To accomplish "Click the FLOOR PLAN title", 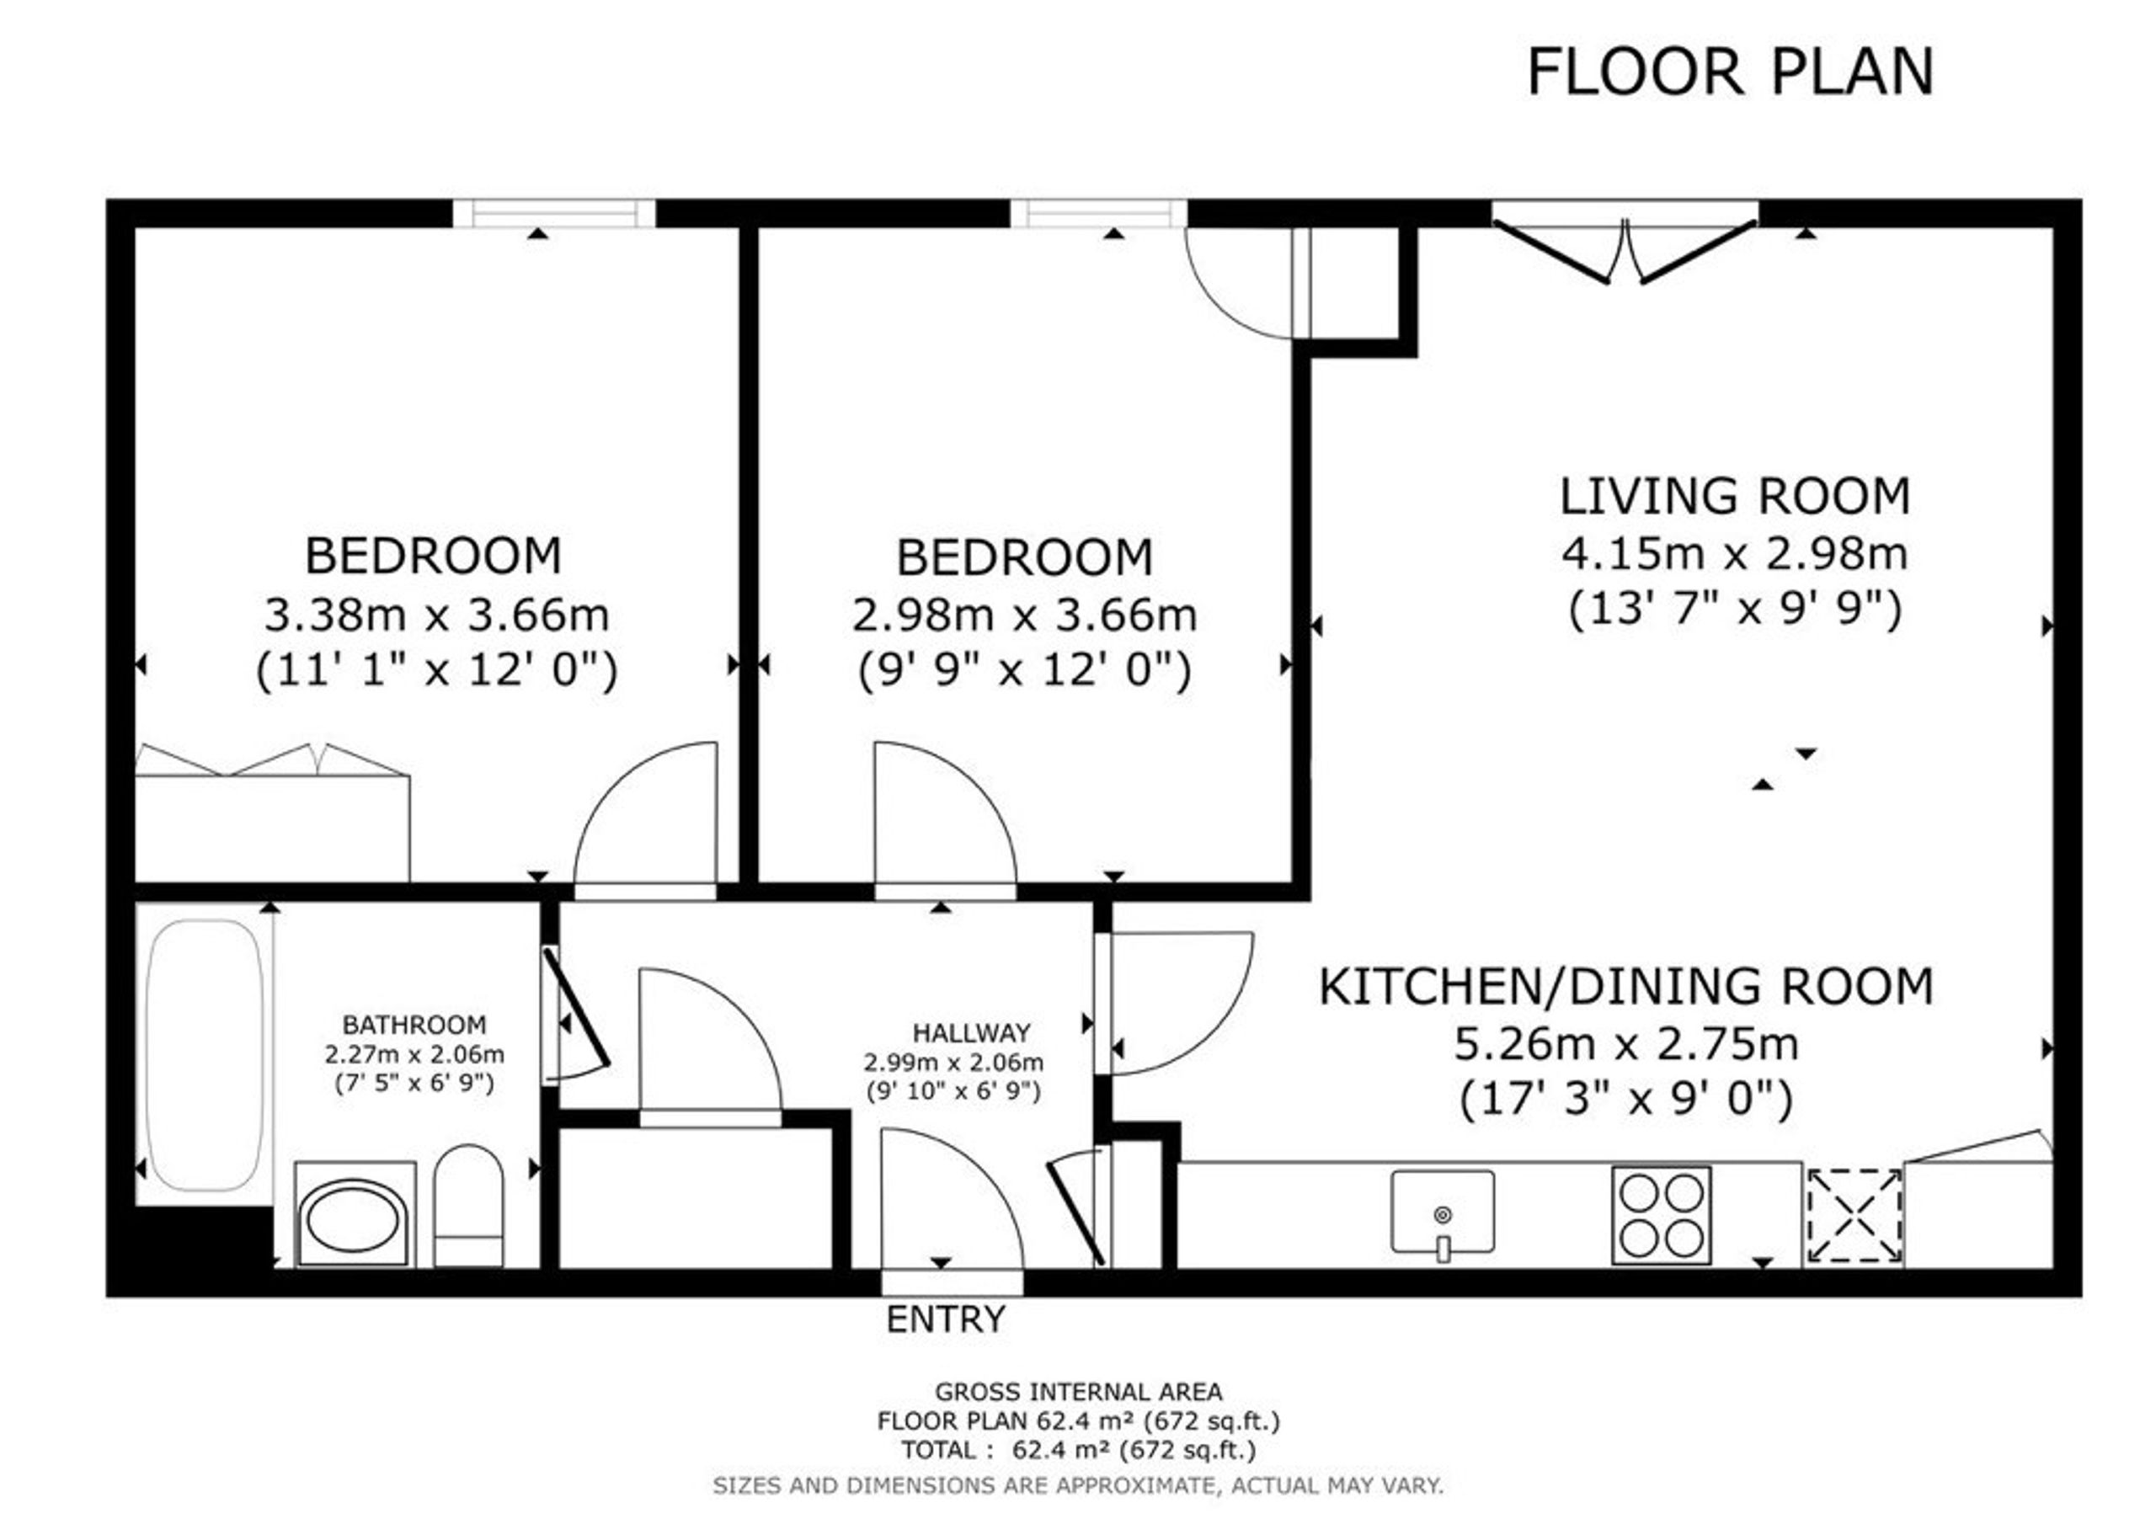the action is (x=1730, y=72).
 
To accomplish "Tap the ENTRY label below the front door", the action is (x=945, y=1319).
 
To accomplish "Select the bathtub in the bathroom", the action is (x=205, y=1054).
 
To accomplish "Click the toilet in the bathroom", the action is (x=468, y=1206).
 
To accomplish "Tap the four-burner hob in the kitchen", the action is (x=1661, y=1215).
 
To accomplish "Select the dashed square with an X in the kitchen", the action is (x=1854, y=1215).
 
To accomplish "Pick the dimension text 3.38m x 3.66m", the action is (x=436, y=615).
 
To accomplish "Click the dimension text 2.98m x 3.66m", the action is (x=1024, y=615).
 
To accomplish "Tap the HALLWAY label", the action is (x=972, y=1033).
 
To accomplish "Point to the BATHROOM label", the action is (x=414, y=1025).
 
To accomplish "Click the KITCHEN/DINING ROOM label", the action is (x=1626, y=986).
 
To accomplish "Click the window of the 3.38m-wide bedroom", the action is (x=554, y=213).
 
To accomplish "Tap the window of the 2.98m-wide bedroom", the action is (x=1099, y=213).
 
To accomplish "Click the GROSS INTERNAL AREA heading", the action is (x=1078, y=1392).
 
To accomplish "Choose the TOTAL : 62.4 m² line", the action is (x=1078, y=1450).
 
